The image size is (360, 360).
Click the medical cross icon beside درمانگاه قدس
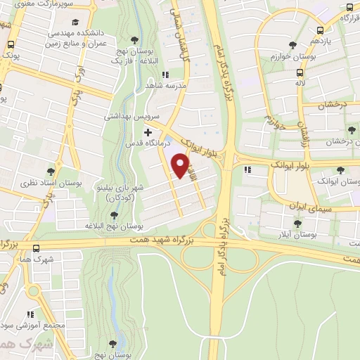148,132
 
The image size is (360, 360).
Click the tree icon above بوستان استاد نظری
52,170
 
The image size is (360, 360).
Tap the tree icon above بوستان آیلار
299,222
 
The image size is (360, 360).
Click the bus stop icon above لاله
300,72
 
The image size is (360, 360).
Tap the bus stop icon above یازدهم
320,30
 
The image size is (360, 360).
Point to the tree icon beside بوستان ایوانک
342,169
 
